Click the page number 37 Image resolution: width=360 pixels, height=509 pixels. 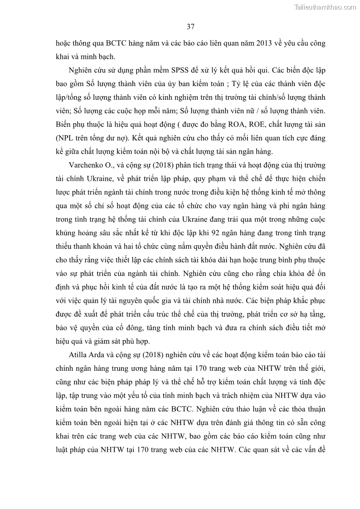[x=190, y=27]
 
